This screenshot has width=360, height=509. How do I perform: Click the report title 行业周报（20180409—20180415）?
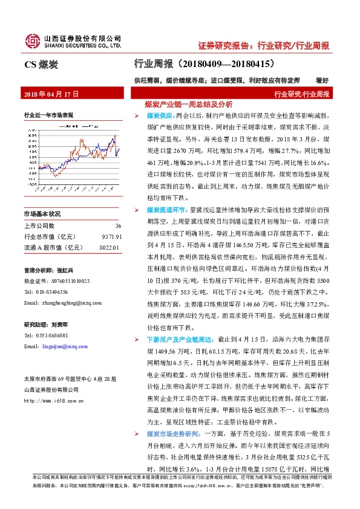206,63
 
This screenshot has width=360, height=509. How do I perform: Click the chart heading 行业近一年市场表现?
48,114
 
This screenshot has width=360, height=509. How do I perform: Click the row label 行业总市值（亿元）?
53,236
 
